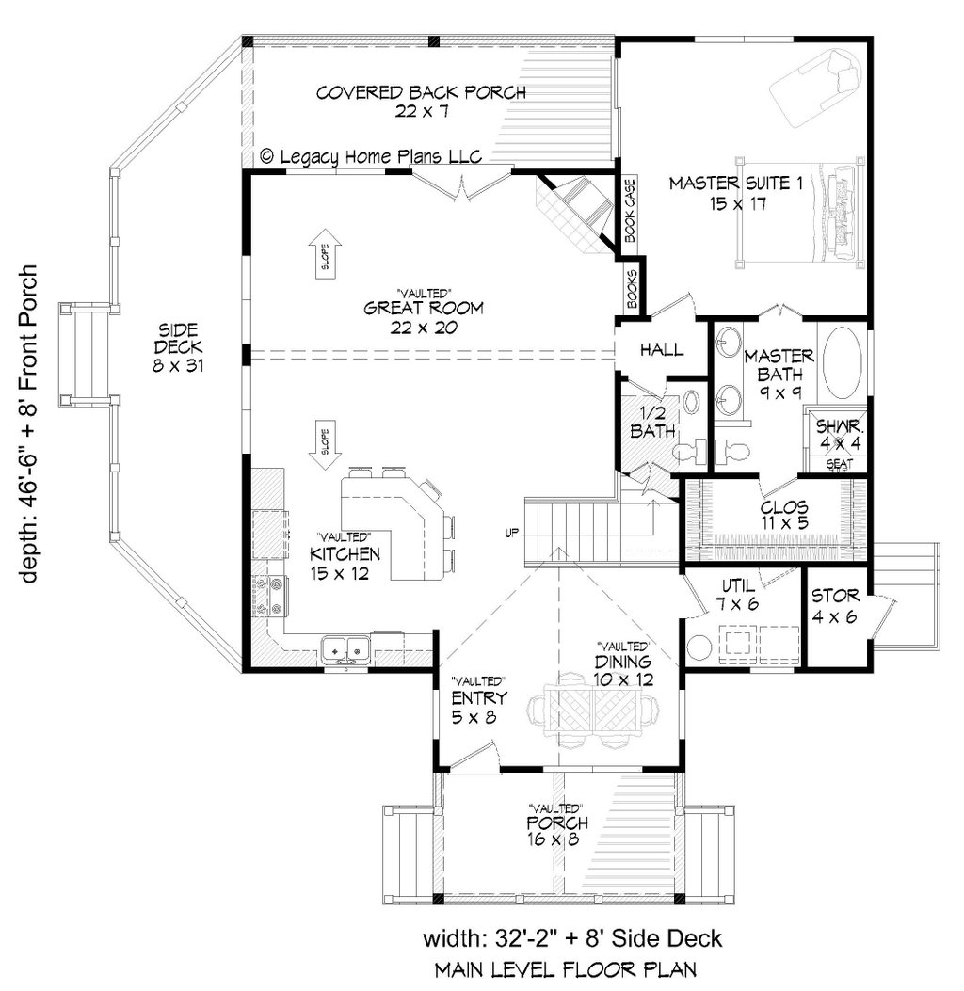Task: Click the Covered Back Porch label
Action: point(420,101)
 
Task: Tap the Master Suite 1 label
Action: point(735,193)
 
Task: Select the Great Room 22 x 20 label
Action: point(424,315)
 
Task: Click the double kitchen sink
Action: point(345,649)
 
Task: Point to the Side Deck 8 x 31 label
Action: point(177,346)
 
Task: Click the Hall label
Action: point(662,350)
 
